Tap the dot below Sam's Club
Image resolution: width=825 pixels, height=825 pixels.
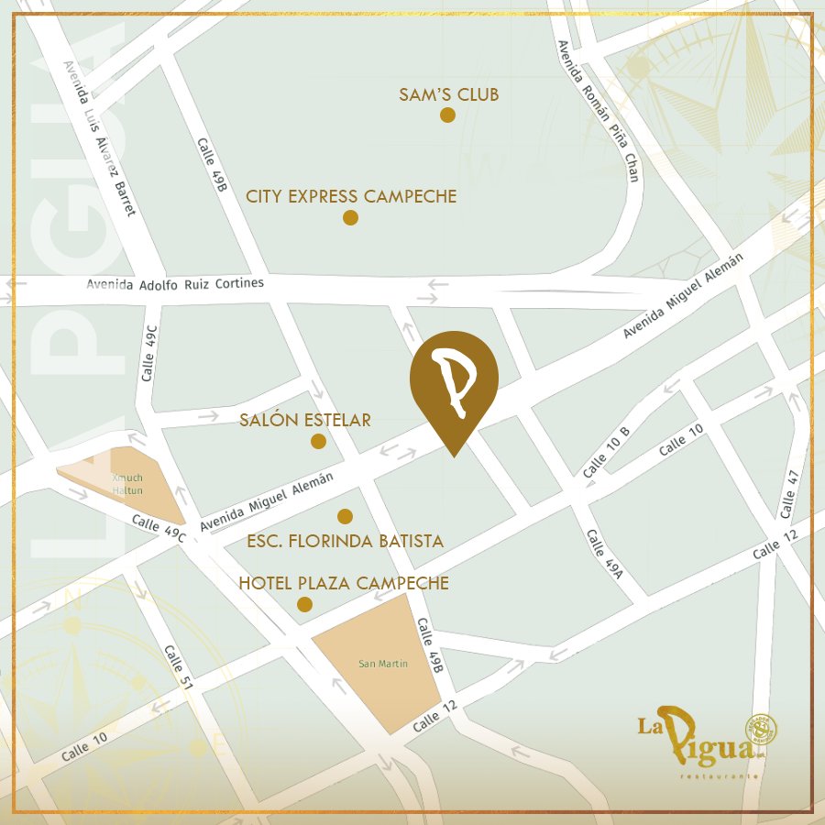click(x=447, y=115)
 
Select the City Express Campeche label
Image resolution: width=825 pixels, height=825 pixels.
click(x=351, y=196)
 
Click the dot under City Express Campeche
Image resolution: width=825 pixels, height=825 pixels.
click(x=350, y=217)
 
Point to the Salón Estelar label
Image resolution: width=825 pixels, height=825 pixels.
click(x=305, y=421)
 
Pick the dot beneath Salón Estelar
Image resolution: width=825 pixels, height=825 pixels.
click(x=318, y=442)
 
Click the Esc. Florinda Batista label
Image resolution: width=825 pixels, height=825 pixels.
click(x=346, y=541)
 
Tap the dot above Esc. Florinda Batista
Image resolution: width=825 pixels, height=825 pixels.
click(x=345, y=516)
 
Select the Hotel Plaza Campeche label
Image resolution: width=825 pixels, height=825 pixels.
click(x=344, y=583)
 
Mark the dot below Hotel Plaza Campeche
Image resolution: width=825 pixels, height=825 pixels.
click(x=304, y=604)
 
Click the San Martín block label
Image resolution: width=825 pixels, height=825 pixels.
click(x=383, y=664)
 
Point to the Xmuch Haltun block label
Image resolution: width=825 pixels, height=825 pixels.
click(x=128, y=484)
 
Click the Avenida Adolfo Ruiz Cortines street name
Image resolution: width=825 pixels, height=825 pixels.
click(x=175, y=283)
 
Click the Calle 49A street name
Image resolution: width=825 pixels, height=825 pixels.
click(x=604, y=555)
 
